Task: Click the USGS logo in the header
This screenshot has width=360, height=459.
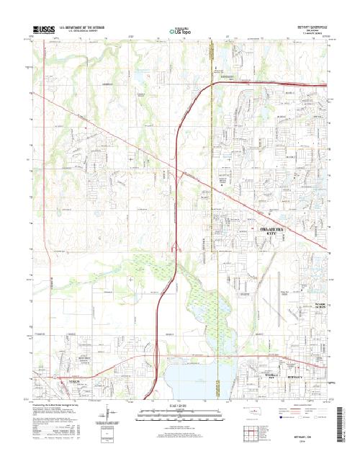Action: click(x=44, y=30)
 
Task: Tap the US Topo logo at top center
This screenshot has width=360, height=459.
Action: click(x=180, y=31)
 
